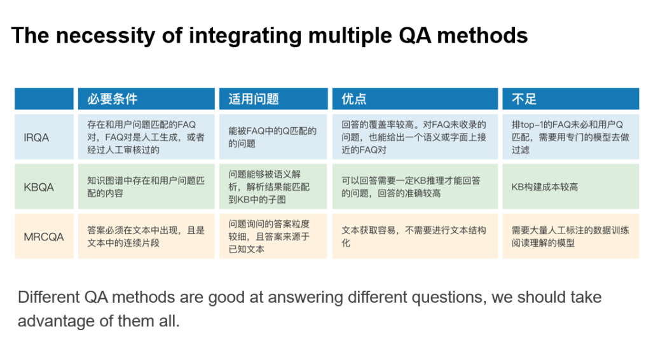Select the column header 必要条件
pos(113,99)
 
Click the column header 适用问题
pos(254,99)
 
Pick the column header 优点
pos(354,99)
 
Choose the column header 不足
pos(524,99)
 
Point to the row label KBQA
pos(39,187)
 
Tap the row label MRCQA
pos(44,237)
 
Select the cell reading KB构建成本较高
pos(545,187)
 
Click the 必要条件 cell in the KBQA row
pos(146,187)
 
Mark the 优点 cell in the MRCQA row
pos(414,236)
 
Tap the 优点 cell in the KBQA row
pos(414,187)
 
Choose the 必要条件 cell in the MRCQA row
pos(146,236)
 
